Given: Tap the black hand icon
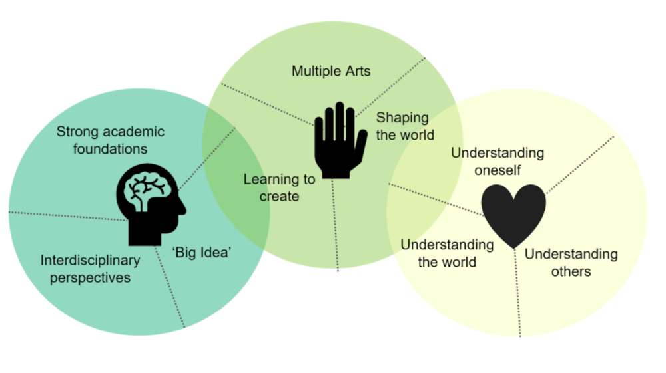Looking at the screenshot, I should [338, 141].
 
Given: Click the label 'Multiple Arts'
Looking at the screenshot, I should [331, 71].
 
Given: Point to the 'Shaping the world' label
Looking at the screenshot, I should [405, 126].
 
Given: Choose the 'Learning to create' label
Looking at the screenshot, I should [279, 187].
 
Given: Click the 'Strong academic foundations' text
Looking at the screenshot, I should [110, 140].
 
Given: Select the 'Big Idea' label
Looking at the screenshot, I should [202, 252].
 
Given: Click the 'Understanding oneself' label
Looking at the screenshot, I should [498, 161].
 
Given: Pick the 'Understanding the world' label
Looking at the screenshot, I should [447, 253].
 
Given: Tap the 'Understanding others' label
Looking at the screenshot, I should [571, 263].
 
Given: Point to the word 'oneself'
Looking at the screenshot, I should [498, 170].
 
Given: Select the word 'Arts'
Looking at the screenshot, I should [356, 71].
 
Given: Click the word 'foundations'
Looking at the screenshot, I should [110, 148].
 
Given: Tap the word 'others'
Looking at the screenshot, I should [571, 271].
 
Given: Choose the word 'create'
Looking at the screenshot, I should [279, 196].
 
